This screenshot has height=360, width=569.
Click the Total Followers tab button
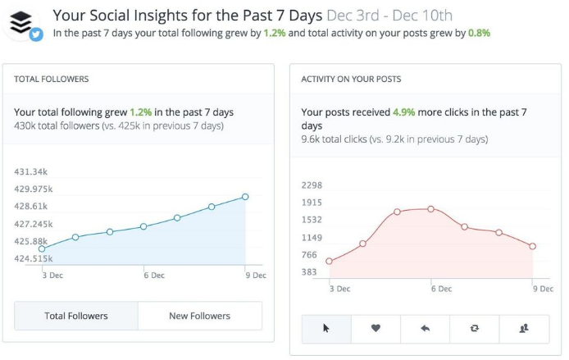(x=76, y=316)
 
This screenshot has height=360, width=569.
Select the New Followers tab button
(x=199, y=316)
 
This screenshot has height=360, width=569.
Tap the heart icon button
(x=376, y=328)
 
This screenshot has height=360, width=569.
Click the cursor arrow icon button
(x=326, y=328)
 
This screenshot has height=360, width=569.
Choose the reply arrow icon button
(x=425, y=328)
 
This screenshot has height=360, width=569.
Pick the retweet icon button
(x=474, y=328)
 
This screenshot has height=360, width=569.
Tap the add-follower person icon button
(x=524, y=328)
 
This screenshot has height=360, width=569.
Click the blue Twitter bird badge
(x=36, y=35)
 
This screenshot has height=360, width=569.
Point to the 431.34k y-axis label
(x=32, y=171)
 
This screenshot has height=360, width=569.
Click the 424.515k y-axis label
(x=34, y=259)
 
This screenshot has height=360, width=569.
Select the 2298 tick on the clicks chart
(x=312, y=185)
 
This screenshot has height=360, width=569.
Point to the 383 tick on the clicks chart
(x=309, y=272)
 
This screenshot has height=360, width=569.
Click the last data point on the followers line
(x=245, y=197)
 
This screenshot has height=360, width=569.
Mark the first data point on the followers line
(x=42, y=248)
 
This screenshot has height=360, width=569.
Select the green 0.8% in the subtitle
(x=479, y=34)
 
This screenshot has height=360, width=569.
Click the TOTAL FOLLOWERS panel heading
(x=52, y=79)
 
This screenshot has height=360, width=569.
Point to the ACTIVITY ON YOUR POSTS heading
(x=351, y=79)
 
